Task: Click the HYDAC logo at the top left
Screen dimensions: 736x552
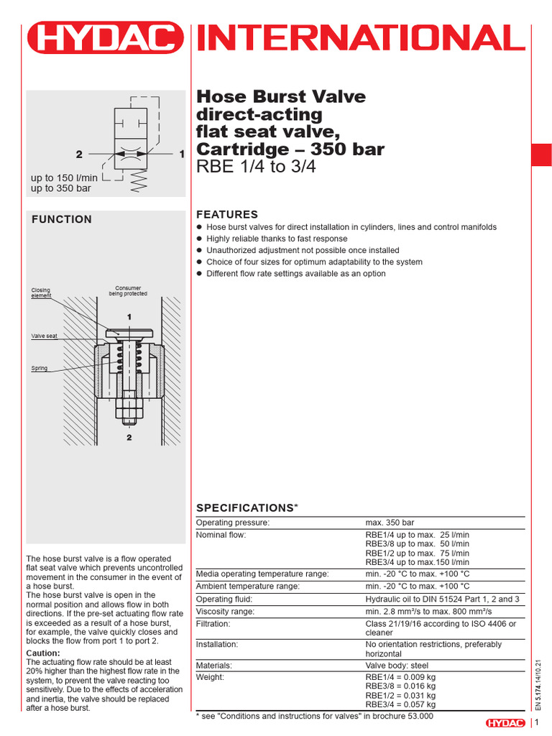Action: click(105, 38)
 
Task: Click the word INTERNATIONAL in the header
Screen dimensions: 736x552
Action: click(356, 38)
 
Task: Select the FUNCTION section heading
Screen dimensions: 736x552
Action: click(62, 220)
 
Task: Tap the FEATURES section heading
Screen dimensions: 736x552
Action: click(227, 214)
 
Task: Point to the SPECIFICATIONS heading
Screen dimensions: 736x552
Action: click(247, 508)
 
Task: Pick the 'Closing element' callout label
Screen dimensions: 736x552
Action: click(41, 293)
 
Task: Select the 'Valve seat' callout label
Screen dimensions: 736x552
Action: click(45, 336)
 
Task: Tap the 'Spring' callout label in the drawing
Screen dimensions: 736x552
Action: click(39, 368)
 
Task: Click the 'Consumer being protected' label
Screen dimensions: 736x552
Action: click(128, 290)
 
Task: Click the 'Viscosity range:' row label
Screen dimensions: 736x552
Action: click(226, 612)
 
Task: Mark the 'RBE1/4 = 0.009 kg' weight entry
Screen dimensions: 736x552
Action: click(400, 678)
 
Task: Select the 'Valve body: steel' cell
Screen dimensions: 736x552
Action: click(398, 665)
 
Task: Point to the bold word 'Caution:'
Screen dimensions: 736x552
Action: click(42, 653)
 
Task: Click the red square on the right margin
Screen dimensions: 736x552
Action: click(541, 155)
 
